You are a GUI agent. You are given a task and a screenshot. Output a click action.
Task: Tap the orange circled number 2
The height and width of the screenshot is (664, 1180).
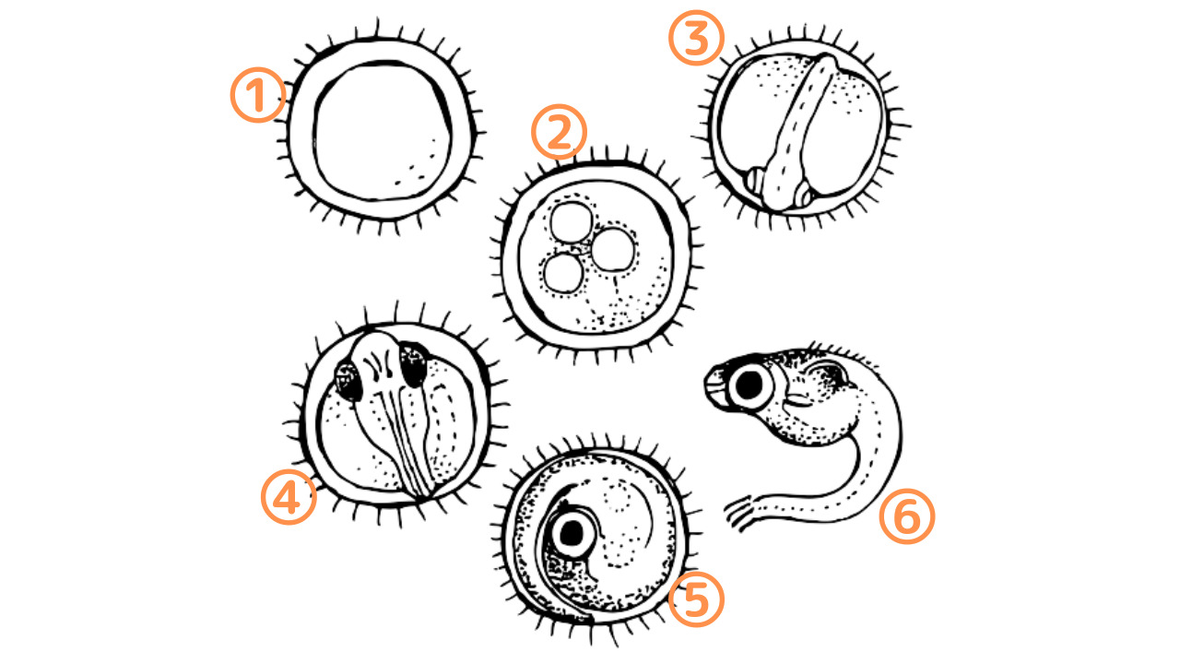[559, 132]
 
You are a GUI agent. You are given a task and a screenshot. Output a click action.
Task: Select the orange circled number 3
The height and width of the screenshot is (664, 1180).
[696, 41]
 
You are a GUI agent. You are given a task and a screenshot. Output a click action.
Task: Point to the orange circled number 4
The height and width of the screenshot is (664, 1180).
[289, 497]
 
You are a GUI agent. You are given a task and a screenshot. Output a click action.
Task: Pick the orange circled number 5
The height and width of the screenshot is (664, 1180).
[696, 599]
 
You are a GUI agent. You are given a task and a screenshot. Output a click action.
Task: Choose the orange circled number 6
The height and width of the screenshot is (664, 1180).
[906, 516]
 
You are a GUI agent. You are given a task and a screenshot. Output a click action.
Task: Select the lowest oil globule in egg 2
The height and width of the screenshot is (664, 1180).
[564, 274]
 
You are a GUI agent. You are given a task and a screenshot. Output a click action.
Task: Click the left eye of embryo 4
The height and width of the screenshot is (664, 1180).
[349, 378]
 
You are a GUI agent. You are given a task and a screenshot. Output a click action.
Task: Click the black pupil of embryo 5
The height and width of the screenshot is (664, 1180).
[575, 532]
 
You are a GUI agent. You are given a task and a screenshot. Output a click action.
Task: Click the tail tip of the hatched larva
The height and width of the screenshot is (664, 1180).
[734, 517]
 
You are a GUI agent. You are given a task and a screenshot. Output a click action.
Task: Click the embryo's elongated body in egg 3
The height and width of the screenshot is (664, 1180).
[803, 129]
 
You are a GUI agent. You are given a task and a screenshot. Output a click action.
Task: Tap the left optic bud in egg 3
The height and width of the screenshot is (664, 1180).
[758, 182]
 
